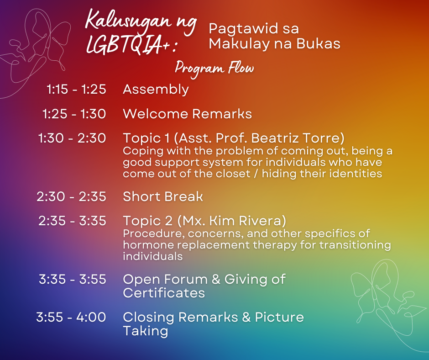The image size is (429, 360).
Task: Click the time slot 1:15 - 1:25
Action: tap(76, 90)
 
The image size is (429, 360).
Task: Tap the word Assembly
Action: tap(156, 90)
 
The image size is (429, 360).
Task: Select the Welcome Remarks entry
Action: tap(188, 114)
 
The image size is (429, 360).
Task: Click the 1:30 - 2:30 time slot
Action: tap(72, 138)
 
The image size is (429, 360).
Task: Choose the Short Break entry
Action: tap(163, 196)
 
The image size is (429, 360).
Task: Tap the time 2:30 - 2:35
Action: tap(71, 197)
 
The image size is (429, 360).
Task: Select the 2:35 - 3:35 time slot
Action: tap(72, 221)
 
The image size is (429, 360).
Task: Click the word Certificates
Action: tap(164, 293)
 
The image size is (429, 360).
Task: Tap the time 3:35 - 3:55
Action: tap(73, 280)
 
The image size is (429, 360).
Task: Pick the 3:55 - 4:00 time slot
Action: tap(71, 317)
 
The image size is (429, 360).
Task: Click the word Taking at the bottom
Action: tap(145, 331)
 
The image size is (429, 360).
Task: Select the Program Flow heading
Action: tap(214, 69)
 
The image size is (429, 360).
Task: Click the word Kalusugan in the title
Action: tap(129, 22)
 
